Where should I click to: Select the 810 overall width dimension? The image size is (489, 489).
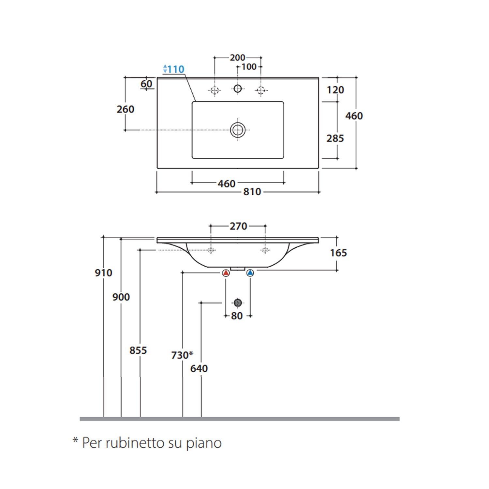point(252,192)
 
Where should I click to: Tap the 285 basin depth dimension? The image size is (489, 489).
point(335,139)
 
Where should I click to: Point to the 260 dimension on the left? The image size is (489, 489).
point(126,109)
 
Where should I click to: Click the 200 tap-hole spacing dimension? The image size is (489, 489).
point(237,58)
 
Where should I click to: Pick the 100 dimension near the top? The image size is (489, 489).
point(249,67)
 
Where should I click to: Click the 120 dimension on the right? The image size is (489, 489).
point(335,90)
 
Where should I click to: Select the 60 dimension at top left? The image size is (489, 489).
point(146,84)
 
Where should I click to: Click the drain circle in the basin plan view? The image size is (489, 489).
point(238,130)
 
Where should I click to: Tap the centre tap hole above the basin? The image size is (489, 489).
point(238,88)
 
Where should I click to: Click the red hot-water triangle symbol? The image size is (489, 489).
point(226,273)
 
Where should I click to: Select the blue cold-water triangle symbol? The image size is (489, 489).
point(250,273)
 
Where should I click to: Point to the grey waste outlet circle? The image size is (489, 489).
point(238,303)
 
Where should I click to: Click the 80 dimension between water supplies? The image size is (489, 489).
point(237,316)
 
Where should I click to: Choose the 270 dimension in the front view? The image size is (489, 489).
point(238,226)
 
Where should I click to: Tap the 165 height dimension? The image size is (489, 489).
point(338,253)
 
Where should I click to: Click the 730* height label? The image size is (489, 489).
point(182,355)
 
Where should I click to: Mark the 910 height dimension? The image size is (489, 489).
point(104,273)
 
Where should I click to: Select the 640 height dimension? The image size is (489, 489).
point(199,369)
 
